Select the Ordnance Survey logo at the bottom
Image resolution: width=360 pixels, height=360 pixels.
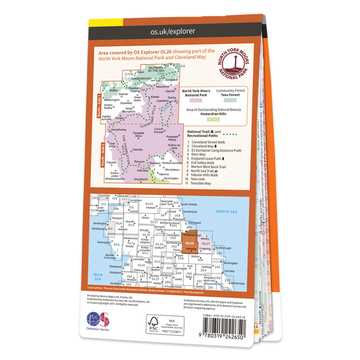[x=98, y=320]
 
